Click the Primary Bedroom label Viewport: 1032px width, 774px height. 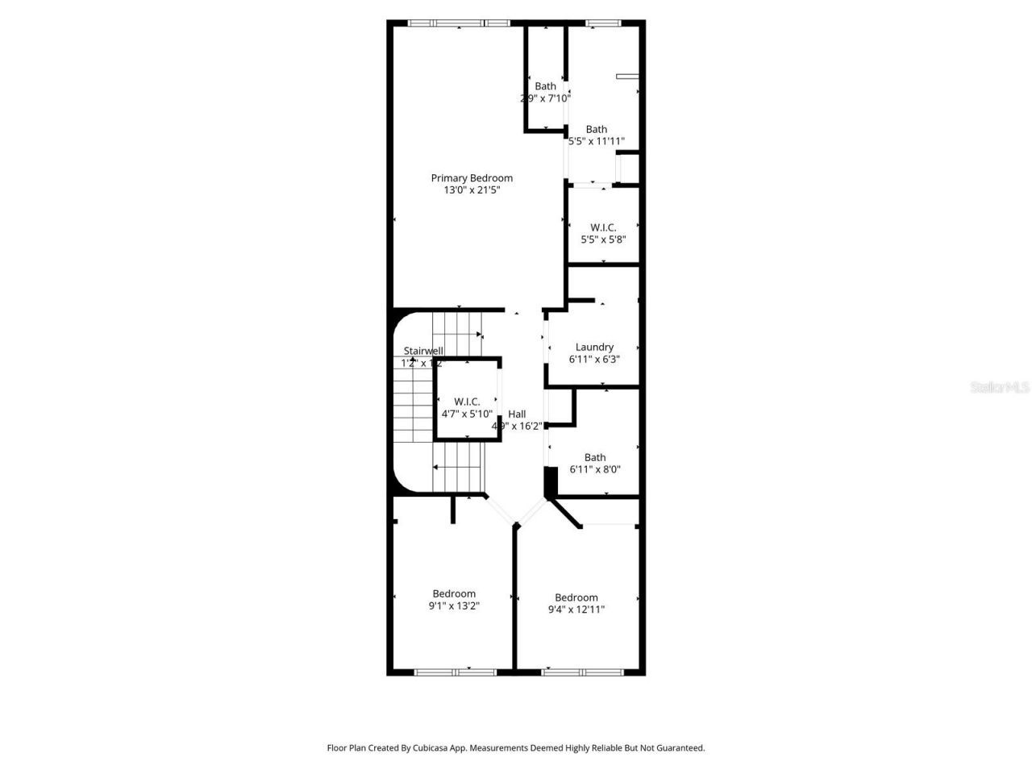472,178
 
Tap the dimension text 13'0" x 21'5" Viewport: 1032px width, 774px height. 472,191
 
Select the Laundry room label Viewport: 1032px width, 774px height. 595,347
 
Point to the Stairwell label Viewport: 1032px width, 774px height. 423,351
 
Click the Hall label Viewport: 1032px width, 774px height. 517,414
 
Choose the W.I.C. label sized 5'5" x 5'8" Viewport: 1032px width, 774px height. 603,227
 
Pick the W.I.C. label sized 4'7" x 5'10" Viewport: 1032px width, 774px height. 467,402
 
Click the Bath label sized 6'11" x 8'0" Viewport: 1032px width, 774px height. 595,457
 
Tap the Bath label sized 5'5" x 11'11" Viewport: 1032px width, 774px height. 597,129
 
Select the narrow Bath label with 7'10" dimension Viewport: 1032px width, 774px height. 546,86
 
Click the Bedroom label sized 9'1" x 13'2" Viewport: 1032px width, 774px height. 454,593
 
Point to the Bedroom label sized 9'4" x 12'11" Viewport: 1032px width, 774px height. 576,597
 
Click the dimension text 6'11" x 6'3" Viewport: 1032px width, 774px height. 595,360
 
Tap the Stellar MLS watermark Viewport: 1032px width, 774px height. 1000,388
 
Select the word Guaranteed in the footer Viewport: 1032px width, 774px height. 679,748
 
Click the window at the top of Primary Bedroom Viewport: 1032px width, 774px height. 460,23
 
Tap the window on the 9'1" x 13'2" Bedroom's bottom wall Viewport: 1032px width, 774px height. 455,671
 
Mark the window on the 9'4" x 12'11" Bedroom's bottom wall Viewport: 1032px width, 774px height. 582,671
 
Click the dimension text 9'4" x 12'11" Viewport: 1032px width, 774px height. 576,610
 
